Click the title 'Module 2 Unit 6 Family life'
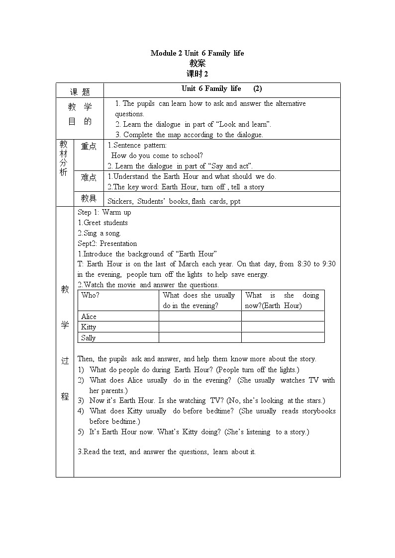pos(197,53)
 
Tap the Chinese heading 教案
pos(197,64)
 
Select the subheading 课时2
pos(197,74)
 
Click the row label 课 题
pos(80,91)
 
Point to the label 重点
pos(89,147)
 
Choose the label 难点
pos(89,177)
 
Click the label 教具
pos(89,199)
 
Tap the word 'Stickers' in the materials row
pos(120,201)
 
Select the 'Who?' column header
pos(91,295)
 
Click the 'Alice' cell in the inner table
pos(89,317)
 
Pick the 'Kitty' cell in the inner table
pos(89,327)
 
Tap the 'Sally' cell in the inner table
pos(89,338)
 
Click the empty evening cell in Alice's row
pos(200,317)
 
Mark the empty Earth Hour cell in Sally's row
pos(283,338)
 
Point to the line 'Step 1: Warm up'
pos(104,212)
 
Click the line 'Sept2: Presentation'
pos(107,243)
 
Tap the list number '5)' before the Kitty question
pos(81,432)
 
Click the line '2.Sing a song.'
pos(99,233)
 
